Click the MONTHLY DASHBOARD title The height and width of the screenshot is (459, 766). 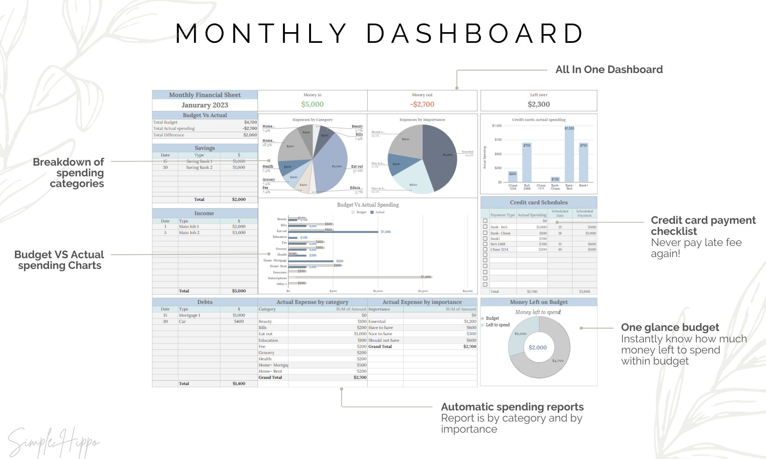pyautogui.click(x=379, y=34)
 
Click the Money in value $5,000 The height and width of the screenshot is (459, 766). pyautogui.click(x=312, y=104)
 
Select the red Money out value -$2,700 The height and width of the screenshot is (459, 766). pyautogui.click(x=422, y=104)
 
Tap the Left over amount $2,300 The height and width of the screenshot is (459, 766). pyautogui.click(x=538, y=104)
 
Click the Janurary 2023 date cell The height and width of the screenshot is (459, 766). pyautogui.click(x=205, y=105)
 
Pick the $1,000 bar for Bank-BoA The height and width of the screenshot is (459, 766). pyautogui.click(x=569, y=155)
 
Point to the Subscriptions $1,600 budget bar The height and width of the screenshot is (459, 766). pyautogui.click(x=356, y=277)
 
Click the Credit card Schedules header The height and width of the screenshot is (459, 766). pyautogui.click(x=538, y=202)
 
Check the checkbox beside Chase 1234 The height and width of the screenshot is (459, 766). pyautogui.click(x=485, y=249)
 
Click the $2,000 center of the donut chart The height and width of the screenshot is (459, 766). pyautogui.click(x=538, y=347)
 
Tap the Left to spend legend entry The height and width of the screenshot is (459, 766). pyautogui.click(x=498, y=325)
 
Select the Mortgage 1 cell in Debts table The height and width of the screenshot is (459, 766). pyautogui.click(x=190, y=315)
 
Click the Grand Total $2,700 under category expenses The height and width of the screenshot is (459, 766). pyautogui.click(x=360, y=377)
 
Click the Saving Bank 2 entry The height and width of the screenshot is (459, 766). pyautogui.click(x=199, y=168)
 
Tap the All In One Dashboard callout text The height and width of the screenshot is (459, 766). pyautogui.click(x=609, y=70)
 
